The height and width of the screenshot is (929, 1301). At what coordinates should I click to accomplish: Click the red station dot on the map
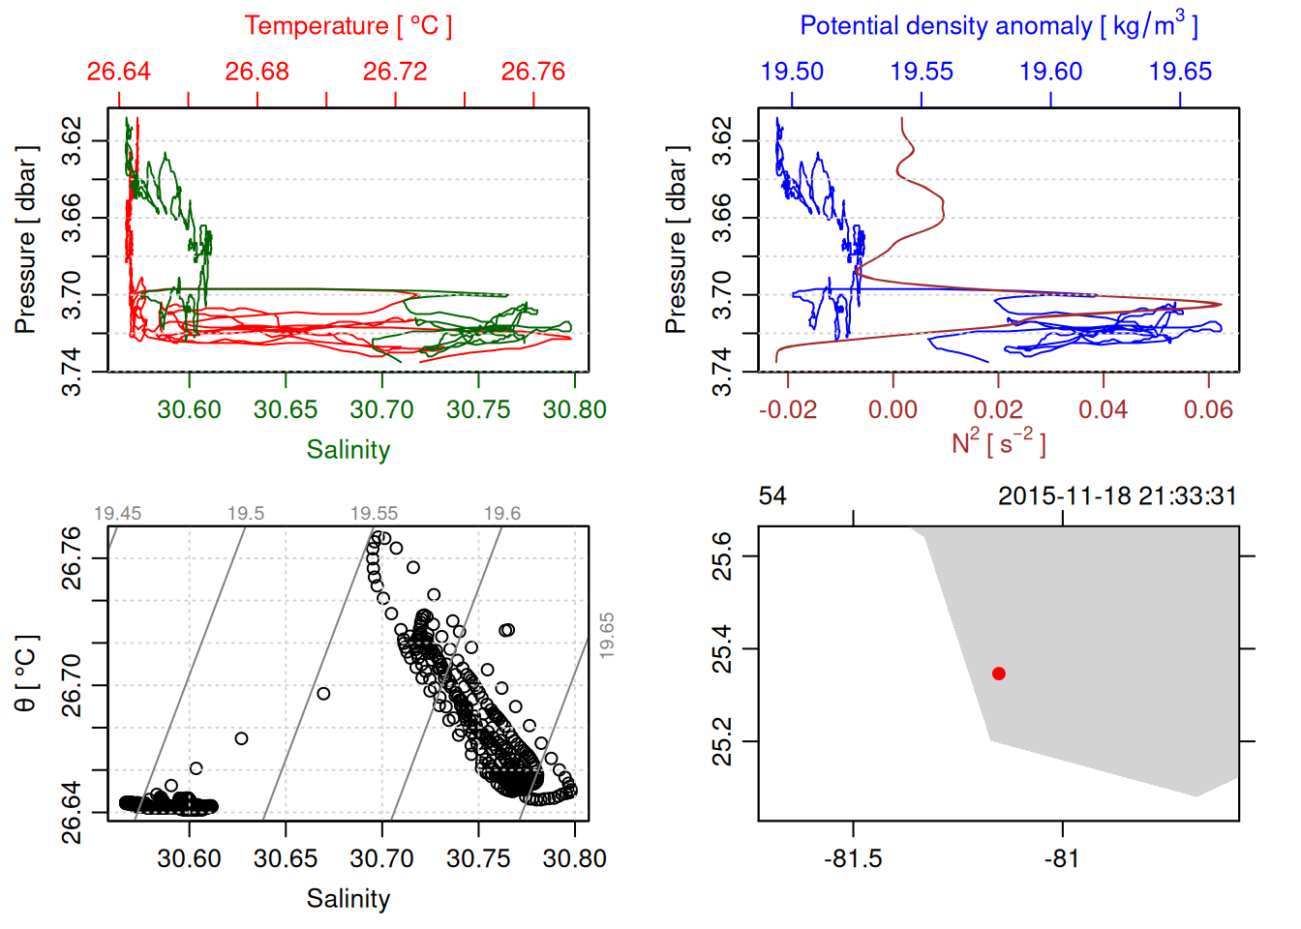pos(999,674)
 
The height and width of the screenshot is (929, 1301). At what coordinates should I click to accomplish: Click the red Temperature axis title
pos(348,26)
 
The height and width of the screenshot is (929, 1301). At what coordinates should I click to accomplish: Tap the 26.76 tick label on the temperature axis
pos(533,72)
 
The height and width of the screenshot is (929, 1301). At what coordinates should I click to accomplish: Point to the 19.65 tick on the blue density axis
pos(1180,72)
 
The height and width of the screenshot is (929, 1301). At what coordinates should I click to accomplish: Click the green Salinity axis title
pos(348,450)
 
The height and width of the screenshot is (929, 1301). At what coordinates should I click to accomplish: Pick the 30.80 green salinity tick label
pos(574,410)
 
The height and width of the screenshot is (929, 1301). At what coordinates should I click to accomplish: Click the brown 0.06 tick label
pos(1208,410)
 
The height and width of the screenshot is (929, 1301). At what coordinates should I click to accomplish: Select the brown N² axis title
pos(999,442)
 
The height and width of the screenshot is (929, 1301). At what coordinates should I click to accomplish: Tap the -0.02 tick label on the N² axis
pos(788,410)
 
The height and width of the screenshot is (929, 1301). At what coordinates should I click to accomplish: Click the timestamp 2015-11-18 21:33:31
pos(1117,496)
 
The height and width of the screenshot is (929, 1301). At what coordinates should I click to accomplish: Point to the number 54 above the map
pos(772,496)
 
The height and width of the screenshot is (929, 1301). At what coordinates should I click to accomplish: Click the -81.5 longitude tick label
pos(853,859)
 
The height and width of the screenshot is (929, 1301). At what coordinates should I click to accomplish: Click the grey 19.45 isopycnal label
pos(117,514)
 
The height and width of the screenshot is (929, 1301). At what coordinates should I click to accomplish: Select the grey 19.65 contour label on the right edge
pos(607,636)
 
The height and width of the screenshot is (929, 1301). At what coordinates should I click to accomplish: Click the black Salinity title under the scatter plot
pos(348,899)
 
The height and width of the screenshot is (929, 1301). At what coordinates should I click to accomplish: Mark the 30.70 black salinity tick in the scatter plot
pos(381,859)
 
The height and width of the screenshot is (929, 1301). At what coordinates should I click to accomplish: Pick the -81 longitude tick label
pos(1062,859)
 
